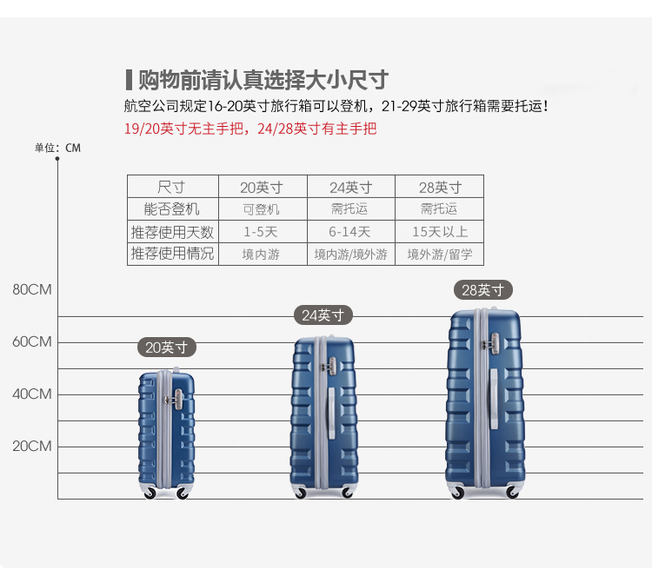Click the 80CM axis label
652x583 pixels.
point(32,289)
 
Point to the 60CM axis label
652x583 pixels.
point(32,342)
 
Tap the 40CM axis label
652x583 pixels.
point(32,394)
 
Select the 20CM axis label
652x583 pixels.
point(32,447)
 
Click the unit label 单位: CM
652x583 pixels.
point(57,148)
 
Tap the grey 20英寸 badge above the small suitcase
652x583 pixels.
point(166,347)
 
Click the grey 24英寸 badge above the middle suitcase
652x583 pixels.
point(323,315)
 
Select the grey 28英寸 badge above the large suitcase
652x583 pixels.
point(482,289)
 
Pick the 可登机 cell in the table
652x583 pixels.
point(261,209)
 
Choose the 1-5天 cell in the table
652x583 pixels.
point(261,232)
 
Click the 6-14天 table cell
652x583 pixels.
point(349,232)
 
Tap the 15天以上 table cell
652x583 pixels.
point(440,232)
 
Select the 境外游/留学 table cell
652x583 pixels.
point(440,255)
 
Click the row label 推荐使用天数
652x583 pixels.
point(172,232)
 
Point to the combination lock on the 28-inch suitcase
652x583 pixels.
point(493,344)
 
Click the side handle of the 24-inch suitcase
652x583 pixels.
point(332,413)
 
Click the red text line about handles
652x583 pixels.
point(250,129)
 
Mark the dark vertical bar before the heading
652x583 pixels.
point(129,80)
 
